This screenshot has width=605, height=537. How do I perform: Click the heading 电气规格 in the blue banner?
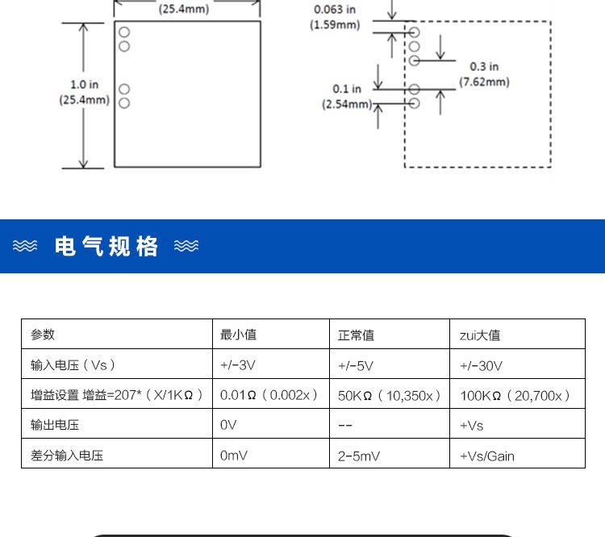click(106, 246)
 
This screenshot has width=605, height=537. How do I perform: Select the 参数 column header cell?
click(43, 335)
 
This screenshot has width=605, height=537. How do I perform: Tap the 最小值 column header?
click(238, 335)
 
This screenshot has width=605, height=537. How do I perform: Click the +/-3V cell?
click(237, 365)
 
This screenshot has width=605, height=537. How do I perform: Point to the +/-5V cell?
click(356, 365)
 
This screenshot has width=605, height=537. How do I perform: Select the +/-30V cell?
click(481, 365)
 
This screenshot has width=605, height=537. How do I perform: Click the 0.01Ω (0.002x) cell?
click(269, 395)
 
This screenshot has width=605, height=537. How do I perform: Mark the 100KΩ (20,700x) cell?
click(515, 395)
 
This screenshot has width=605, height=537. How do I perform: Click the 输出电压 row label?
click(55, 425)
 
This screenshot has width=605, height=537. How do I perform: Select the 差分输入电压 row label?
click(67, 456)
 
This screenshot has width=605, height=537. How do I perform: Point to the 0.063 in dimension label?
click(335, 10)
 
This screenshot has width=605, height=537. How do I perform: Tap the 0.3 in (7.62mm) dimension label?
click(484, 74)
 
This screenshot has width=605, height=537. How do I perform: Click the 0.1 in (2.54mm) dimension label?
click(347, 97)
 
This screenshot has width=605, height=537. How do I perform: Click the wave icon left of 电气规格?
click(25, 246)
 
